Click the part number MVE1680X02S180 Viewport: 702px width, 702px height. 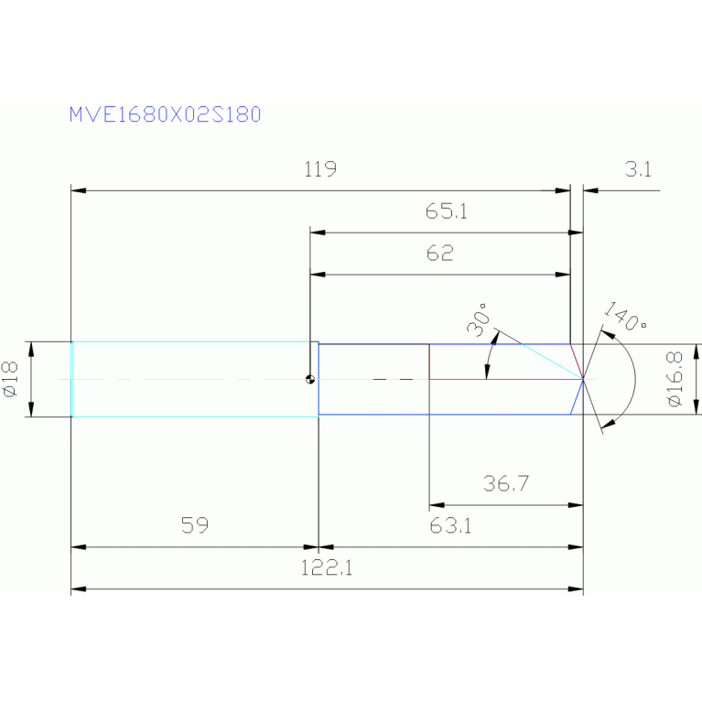tap(165, 115)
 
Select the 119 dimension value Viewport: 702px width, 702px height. tap(320, 169)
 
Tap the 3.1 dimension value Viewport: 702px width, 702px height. tap(638, 169)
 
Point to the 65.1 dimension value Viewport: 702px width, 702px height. tap(447, 211)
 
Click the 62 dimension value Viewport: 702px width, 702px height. tap(440, 254)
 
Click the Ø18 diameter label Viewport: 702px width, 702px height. tap(11, 379)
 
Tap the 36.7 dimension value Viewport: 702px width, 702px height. tap(506, 483)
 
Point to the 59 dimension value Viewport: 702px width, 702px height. tap(194, 525)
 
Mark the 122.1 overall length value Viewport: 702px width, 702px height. tap(327, 567)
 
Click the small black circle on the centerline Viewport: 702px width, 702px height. tap(311, 379)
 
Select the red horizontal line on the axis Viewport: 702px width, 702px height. tap(503, 378)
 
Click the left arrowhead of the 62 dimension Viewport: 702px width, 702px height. tap(318, 274)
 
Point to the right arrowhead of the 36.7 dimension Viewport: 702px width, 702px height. tap(576, 504)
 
